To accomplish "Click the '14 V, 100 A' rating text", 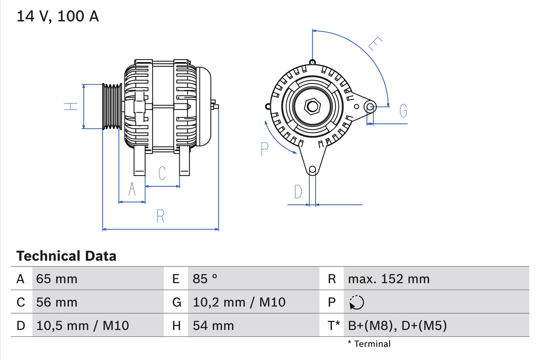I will click(x=58, y=16).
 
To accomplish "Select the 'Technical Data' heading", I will click(x=66, y=256).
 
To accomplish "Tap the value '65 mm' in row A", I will click(x=57, y=279).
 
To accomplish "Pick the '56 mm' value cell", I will click(x=57, y=302).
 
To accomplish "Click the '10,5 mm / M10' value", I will click(x=83, y=325).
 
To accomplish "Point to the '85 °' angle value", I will click(x=205, y=279).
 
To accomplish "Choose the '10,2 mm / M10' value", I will click(x=239, y=302).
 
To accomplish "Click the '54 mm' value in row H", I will click(x=213, y=325).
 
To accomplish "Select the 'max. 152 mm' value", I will click(x=389, y=279).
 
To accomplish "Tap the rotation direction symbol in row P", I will click(x=356, y=302).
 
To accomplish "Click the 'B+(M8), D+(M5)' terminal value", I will click(x=397, y=325).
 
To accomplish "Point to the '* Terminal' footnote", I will click(x=369, y=344).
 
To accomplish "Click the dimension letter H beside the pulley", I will click(x=70, y=106).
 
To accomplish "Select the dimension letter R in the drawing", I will click(x=160, y=216).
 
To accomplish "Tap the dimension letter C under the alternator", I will click(x=162, y=173).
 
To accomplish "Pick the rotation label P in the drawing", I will click(x=265, y=149).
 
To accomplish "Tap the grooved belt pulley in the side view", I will click(x=112, y=106).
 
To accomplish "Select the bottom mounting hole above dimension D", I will click(x=312, y=170).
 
